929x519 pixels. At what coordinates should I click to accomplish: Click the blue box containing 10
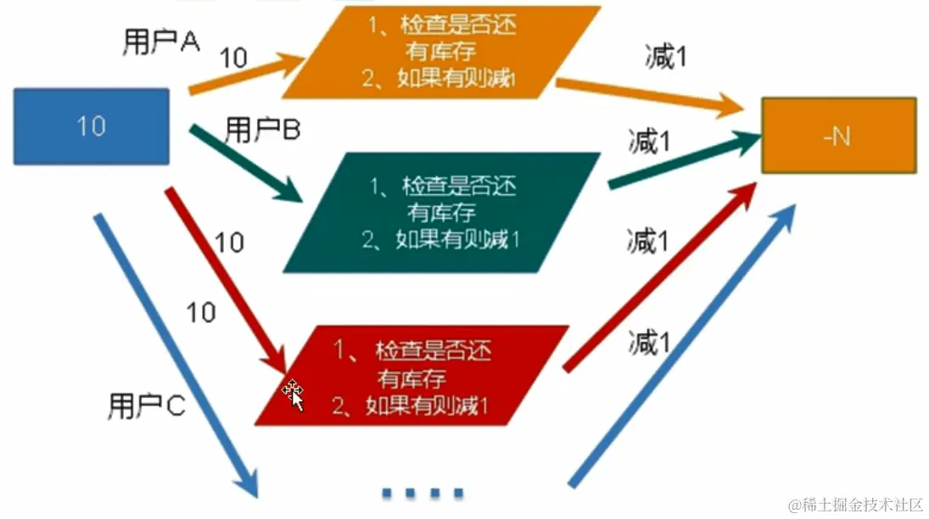[91, 126]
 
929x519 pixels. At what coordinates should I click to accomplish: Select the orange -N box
[838, 136]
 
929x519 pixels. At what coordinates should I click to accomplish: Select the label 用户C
[146, 407]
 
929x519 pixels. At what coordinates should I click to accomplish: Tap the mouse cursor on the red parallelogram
[294, 393]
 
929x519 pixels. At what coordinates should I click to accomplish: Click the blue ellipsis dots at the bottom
[422, 492]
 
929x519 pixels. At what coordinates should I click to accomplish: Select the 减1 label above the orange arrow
[665, 58]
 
